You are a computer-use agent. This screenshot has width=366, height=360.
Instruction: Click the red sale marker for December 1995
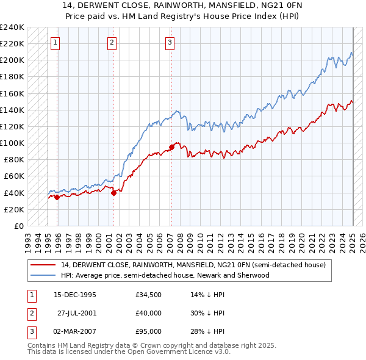click(57, 197)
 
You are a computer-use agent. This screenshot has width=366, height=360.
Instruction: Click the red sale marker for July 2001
click(114, 193)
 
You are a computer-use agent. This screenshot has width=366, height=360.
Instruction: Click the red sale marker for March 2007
click(171, 146)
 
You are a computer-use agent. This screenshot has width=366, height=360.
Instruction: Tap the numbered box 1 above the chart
click(56, 42)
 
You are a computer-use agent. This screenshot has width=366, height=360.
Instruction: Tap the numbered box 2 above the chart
click(112, 42)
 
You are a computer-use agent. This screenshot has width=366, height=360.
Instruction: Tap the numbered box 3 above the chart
click(170, 42)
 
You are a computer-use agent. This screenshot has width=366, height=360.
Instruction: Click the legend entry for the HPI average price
click(165, 275)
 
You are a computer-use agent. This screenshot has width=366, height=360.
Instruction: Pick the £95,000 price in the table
click(148, 331)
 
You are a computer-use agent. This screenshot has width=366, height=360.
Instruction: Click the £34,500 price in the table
click(148, 295)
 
